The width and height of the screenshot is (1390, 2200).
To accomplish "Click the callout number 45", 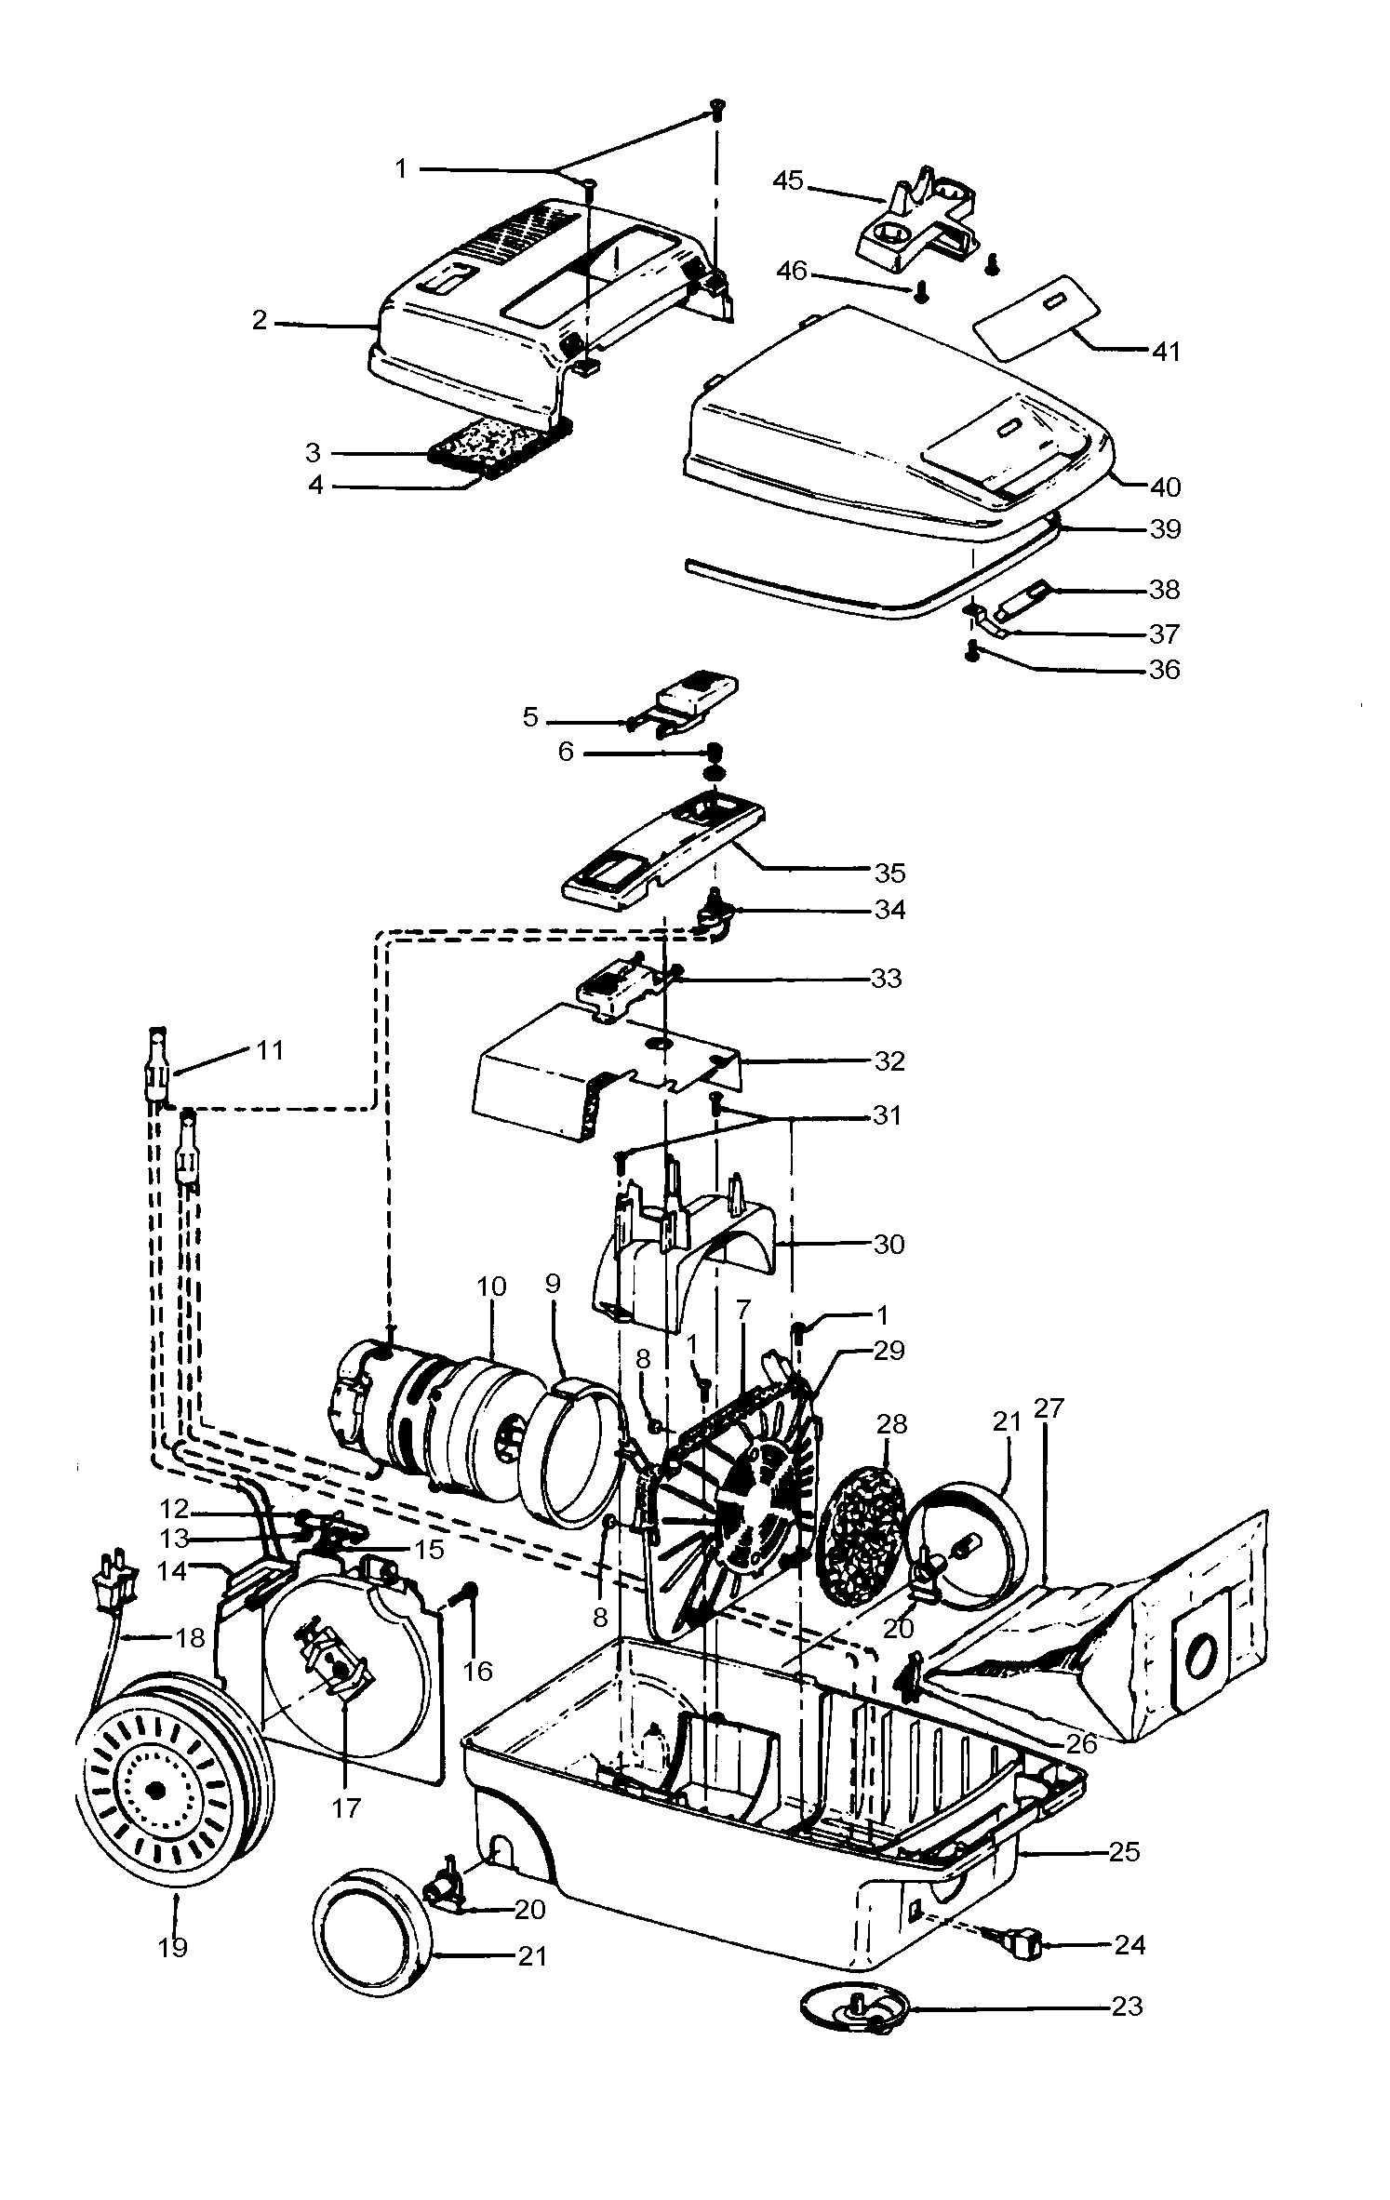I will pos(787,180).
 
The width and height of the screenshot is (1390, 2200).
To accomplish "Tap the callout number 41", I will pos(1166,351).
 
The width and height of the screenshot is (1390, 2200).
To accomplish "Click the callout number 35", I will pos(889,873).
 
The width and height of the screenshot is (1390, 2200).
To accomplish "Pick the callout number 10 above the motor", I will pos(491,1287).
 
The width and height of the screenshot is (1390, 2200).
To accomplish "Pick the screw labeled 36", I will pos(973,651).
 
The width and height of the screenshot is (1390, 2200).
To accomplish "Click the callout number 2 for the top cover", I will pos(260,321).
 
